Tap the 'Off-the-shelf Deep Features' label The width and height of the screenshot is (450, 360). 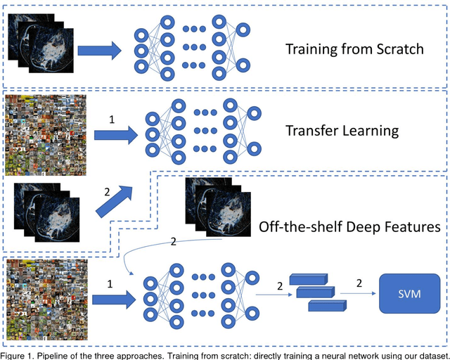350,226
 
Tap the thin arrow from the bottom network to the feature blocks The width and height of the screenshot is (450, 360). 271,294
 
